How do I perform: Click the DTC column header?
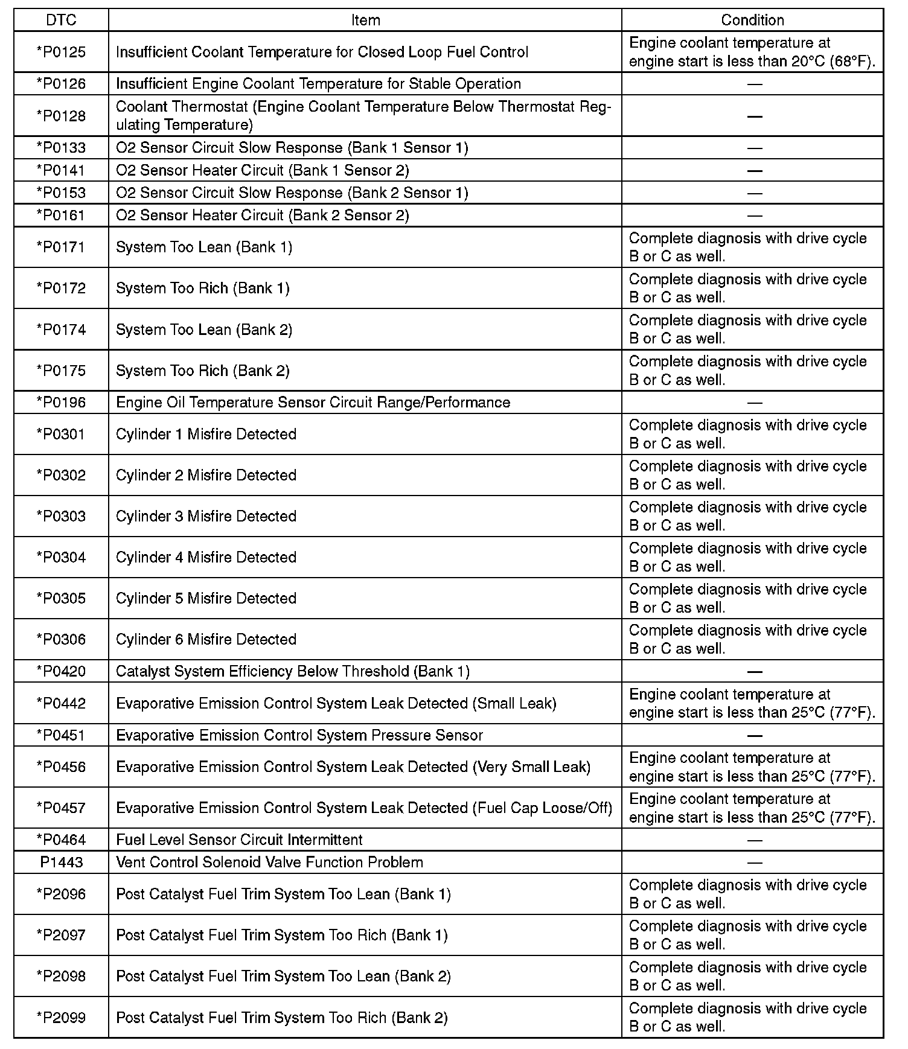62,20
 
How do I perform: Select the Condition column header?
752,20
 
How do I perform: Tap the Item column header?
365,20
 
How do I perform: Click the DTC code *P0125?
62,52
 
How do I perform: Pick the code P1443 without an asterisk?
62,862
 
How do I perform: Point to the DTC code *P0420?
62,671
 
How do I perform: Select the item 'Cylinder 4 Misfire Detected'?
206,557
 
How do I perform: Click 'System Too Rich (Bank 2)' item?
202,371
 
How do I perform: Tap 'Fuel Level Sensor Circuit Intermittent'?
239,840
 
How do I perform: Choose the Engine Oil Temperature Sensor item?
313,403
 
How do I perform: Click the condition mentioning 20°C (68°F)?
752,52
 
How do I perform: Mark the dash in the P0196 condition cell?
754,403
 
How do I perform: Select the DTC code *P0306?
62,639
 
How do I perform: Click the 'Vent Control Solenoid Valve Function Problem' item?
269,862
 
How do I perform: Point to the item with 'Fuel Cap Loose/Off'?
364,808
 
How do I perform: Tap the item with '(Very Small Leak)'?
353,767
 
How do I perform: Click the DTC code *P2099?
62,1018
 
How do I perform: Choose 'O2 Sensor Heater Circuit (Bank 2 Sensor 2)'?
262,215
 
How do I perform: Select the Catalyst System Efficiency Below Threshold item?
292,671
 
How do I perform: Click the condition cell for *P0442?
752,703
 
